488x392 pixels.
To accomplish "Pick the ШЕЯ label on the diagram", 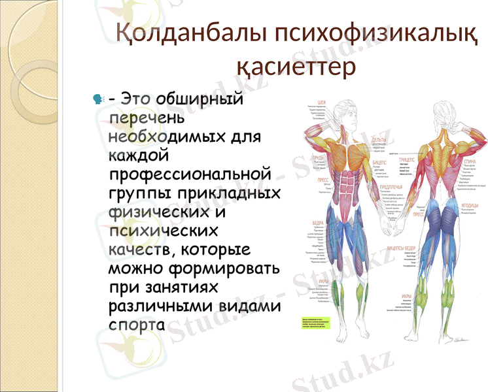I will [x=321, y=103].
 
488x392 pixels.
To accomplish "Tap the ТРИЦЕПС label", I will [x=408, y=159].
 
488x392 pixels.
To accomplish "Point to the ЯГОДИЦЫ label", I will [x=469, y=204].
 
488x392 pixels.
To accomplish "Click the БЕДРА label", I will [x=320, y=221].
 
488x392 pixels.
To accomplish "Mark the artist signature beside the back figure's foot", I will [x=462, y=338].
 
